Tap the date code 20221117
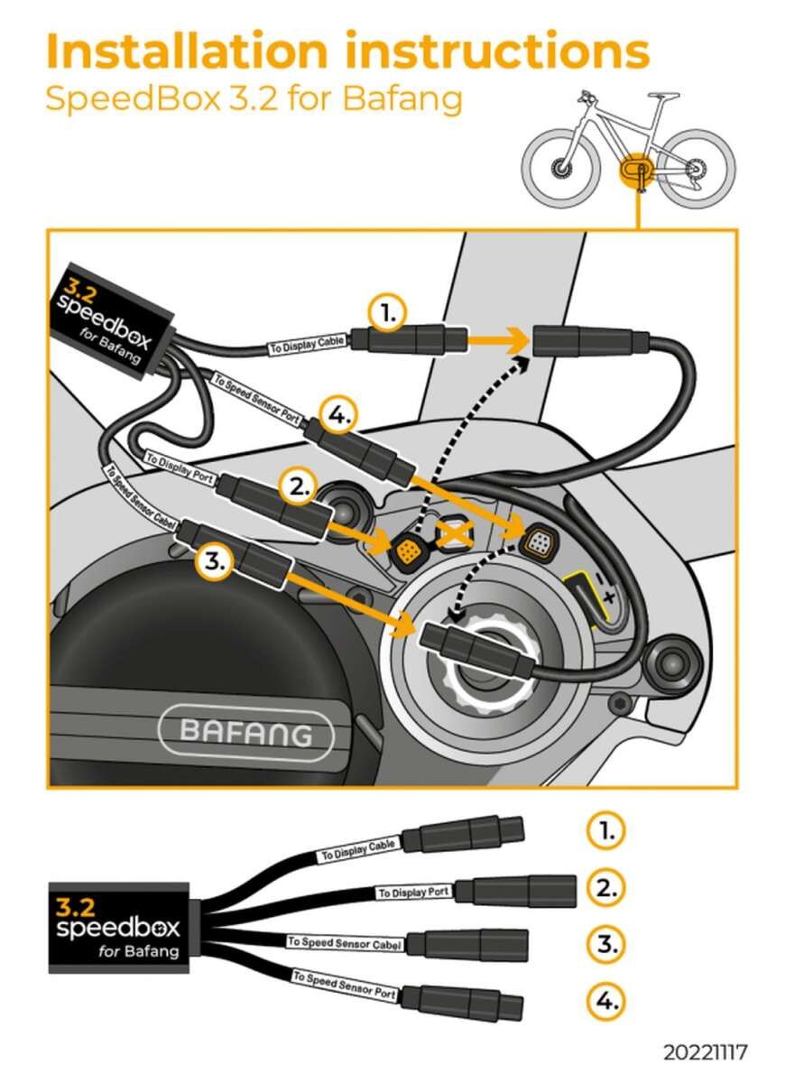tap(705, 1052)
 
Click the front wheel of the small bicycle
tap(560, 168)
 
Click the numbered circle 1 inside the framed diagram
tap(387, 314)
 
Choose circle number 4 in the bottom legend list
tap(606, 1001)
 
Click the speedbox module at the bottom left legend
tap(117, 927)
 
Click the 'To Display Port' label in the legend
tap(413, 893)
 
